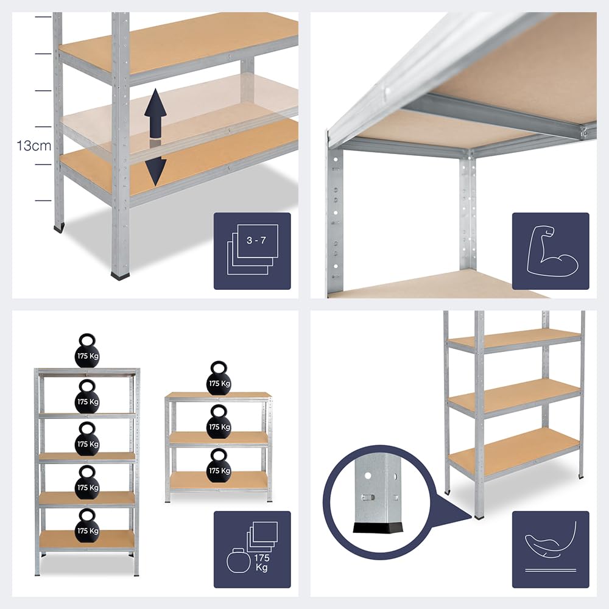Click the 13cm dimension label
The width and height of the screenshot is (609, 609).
click(x=33, y=146)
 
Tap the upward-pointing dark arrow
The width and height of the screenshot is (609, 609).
click(x=155, y=113)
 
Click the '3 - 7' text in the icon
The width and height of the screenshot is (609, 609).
click(x=256, y=240)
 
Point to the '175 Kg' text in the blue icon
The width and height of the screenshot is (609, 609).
click(x=261, y=562)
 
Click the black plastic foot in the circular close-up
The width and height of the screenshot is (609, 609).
click(x=378, y=527)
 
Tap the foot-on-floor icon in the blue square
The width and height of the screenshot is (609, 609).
click(x=551, y=548)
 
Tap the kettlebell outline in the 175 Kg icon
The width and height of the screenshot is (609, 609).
click(x=239, y=560)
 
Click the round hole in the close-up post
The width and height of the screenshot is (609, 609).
click(x=368, y=476)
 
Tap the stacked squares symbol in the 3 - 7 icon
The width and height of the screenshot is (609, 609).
click(x=253, y=249)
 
